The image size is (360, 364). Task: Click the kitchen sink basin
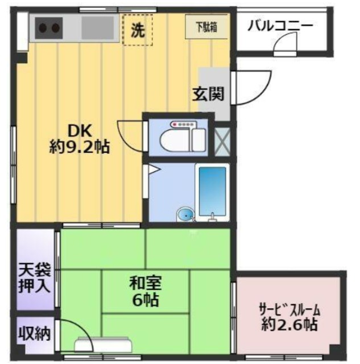(x=97, y=27)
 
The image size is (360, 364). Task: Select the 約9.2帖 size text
(x=79, y=148)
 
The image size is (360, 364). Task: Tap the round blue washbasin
(x=185, y=214)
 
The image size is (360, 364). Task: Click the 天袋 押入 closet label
(x=34, y=275)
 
